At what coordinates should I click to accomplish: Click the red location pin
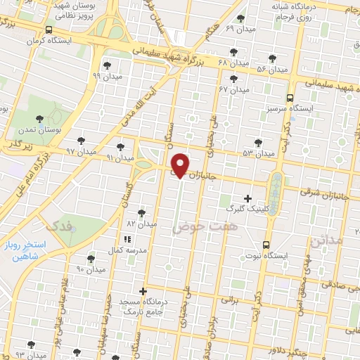point(181,165)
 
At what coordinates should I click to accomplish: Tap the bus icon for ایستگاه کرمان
point(48,30)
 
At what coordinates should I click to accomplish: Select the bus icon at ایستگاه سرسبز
point(290,98)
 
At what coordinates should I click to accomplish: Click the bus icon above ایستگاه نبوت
point(265,244)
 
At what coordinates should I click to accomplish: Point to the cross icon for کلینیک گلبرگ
point(247,198)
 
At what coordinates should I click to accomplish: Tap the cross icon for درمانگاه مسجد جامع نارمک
point(143,290)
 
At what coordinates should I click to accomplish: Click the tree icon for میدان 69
point(241,18)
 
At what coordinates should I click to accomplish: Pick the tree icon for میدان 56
point(272,58)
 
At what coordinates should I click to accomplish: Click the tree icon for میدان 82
point(143,212)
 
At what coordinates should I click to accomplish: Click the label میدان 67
point(234,90)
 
